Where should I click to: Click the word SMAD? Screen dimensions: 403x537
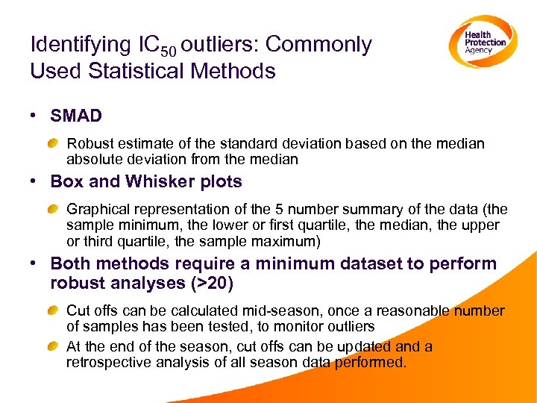[x=75, y=116]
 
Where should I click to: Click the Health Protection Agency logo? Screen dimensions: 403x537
[x=482, y=42]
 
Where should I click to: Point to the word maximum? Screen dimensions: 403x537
[x=286, y=240]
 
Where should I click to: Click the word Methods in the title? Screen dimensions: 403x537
[x=239, y=72]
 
